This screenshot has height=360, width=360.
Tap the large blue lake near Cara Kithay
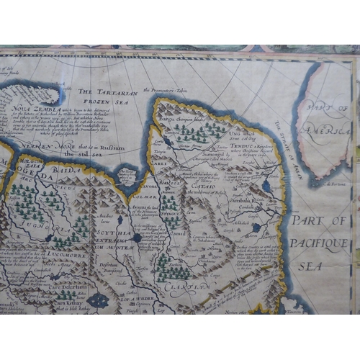(x=99, y=300)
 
